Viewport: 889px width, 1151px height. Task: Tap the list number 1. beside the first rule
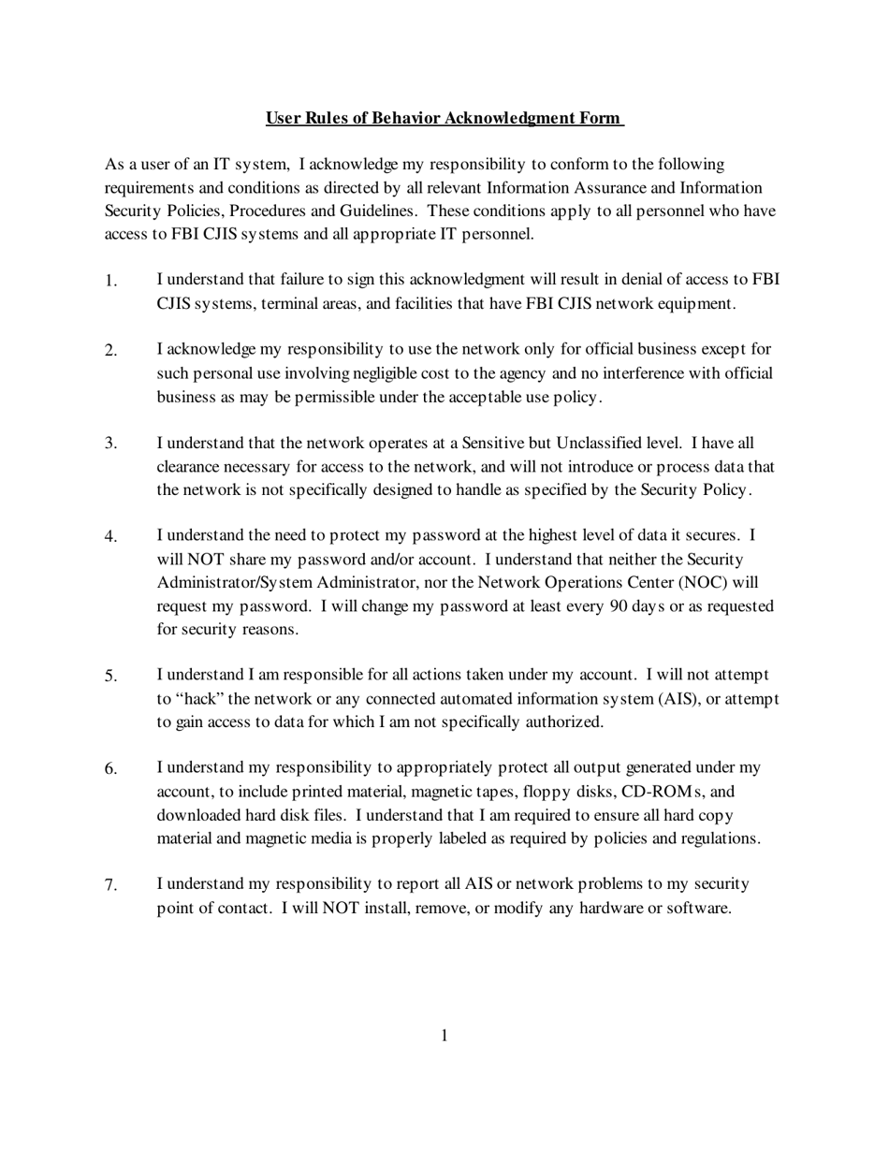(x=111, y=281)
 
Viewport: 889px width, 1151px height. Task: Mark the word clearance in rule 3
(x=191, y=466)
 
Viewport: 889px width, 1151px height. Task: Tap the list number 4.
(x=111, y=537)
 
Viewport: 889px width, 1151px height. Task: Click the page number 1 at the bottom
(x=444, y=1035)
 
